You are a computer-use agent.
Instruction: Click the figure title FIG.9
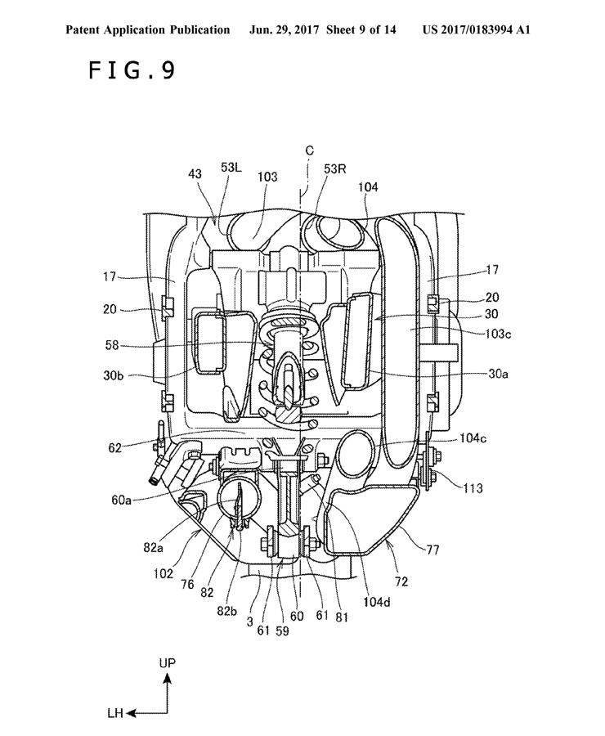132,70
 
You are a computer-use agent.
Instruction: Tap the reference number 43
195,173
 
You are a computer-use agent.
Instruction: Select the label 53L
231,168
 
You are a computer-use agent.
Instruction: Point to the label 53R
334,169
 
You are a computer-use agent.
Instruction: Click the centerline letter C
309,150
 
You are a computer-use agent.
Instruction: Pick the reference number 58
112,345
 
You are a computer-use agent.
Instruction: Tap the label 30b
114,375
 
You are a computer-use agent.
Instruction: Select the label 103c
498,334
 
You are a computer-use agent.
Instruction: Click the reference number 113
473,488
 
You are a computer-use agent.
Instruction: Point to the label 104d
376,602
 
